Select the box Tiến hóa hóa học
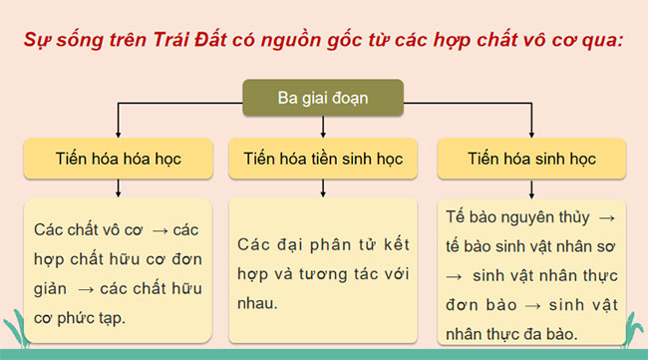pos(120,159)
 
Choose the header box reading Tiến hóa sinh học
pos(531,159)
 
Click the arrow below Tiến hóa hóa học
pos(120,187)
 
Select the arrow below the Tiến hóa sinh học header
pos(531,187)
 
